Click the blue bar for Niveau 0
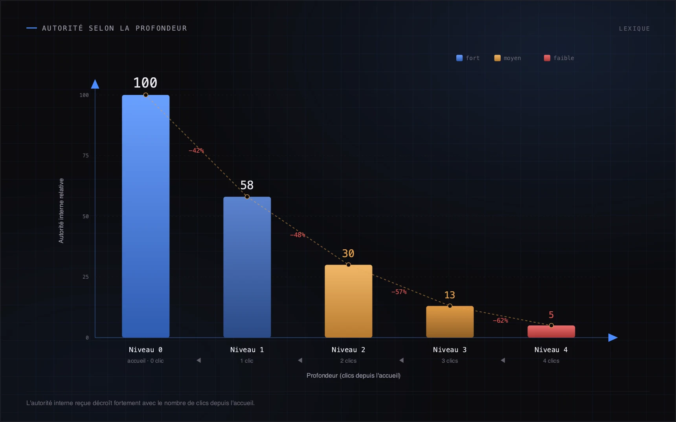tap(145, 216)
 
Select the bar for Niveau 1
tap(247, 267)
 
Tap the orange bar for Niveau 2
tap(348, 301)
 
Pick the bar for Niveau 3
tap(450, 322)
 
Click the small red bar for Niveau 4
tap(551, 331)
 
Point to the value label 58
tap(247, 185)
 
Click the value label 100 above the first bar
tap(145, 83)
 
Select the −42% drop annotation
tap(196, 150)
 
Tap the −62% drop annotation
tap(500, 320)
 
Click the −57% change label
tap(399, 292)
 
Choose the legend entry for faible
tap(559, 58)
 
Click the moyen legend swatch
tap(497, 58)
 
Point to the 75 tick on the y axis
tap(86, 155)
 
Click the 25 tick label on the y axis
tap(86, 277)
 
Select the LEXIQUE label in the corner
tap(634, 29)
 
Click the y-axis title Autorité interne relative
tap(61, 210)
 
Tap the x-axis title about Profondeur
tap(353, 375)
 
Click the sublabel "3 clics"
tap(450, 361)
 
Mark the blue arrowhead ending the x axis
tap(613, 338)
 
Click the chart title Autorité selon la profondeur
tap(114, 28)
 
